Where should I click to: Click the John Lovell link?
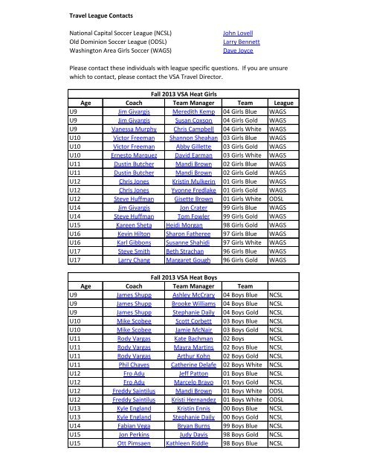coord(241,34)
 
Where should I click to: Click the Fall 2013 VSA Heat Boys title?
coord(184,297)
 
